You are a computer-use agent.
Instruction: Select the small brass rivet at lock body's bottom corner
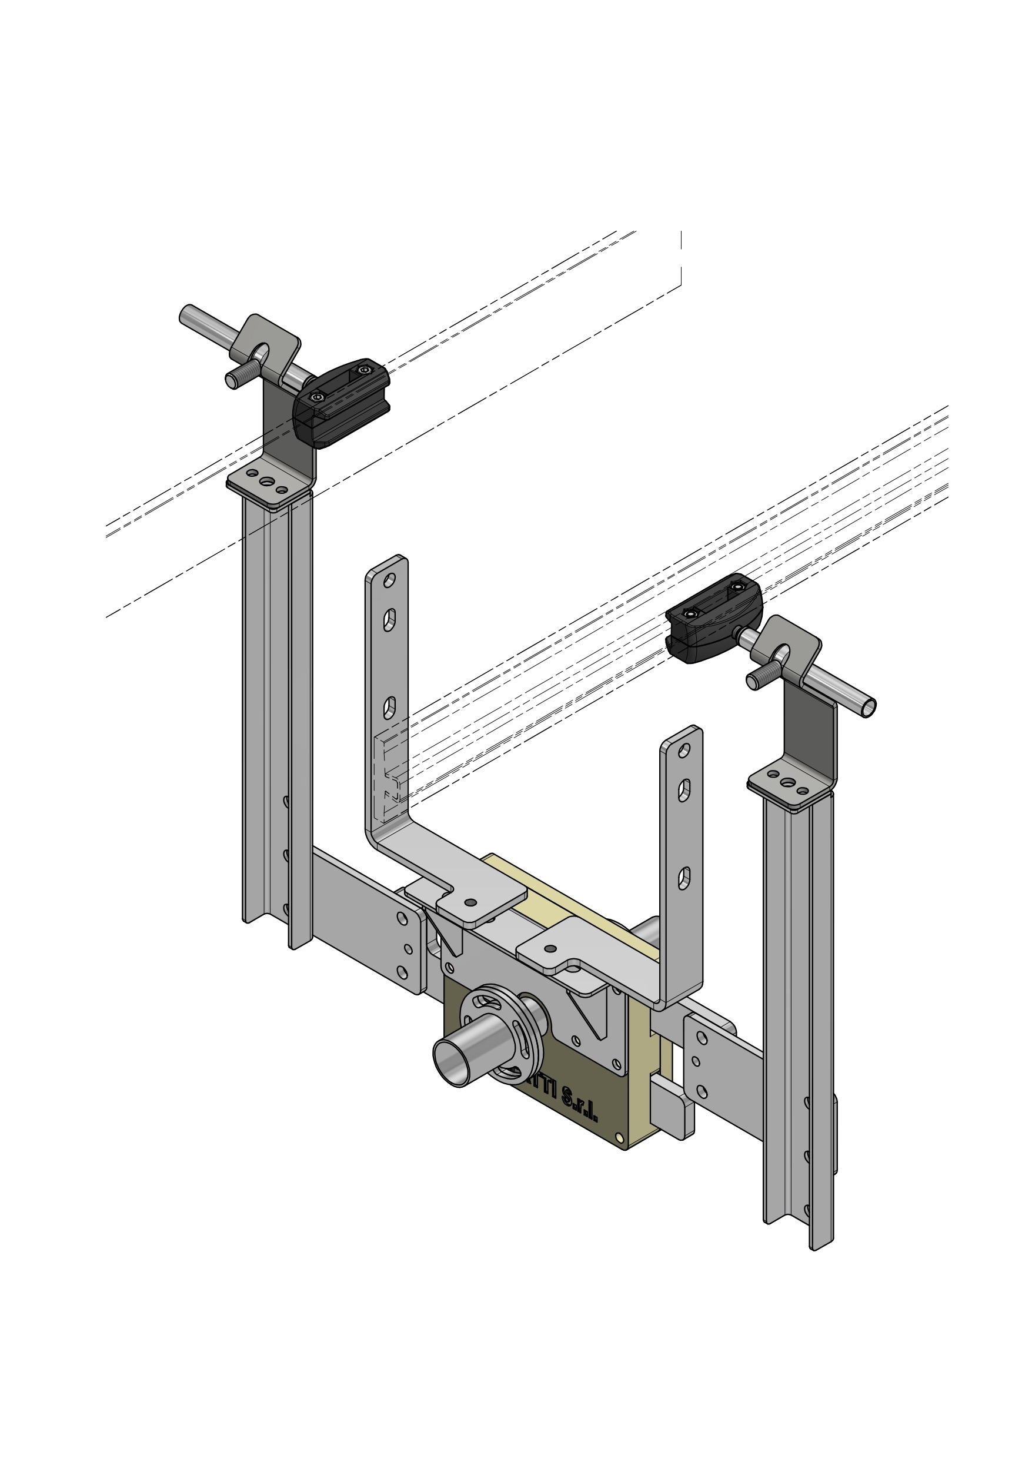pyautogui.click(x=619, y=1137)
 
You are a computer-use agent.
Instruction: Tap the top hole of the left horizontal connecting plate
pyautogui.click(x=402, y=918)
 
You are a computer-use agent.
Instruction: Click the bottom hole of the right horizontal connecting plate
pyautogui.click(x=702, y=1091)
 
